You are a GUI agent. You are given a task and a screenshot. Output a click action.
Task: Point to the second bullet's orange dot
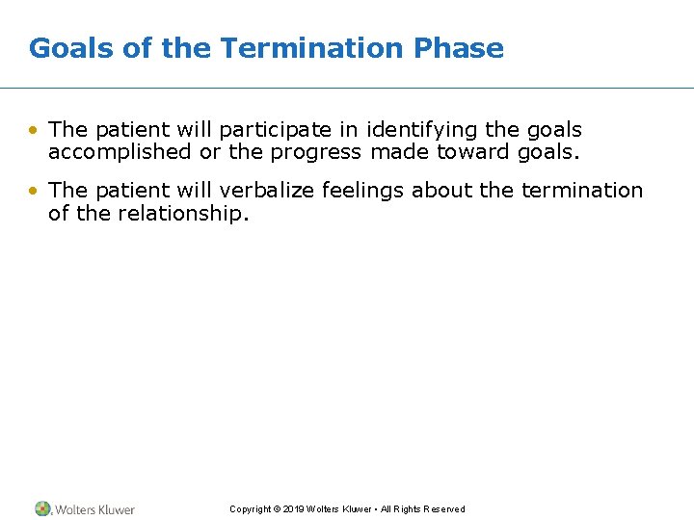(x=35, y=191)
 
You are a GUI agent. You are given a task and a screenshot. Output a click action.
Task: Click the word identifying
(x=414, y=130)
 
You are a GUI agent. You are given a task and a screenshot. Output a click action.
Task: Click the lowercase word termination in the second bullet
(x=581, y=191)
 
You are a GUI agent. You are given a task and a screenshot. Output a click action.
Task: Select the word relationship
(x=183, y=213)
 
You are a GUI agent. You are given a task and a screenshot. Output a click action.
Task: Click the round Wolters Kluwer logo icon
(x=42, y=508)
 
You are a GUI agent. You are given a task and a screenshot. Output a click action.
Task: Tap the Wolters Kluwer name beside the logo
(x=94, y=509)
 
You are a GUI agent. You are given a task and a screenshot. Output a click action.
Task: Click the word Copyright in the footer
(x=250, y=509)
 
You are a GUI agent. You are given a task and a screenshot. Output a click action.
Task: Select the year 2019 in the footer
(x=294, y=509)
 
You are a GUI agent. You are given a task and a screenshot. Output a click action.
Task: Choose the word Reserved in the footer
(x=443, y=509)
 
